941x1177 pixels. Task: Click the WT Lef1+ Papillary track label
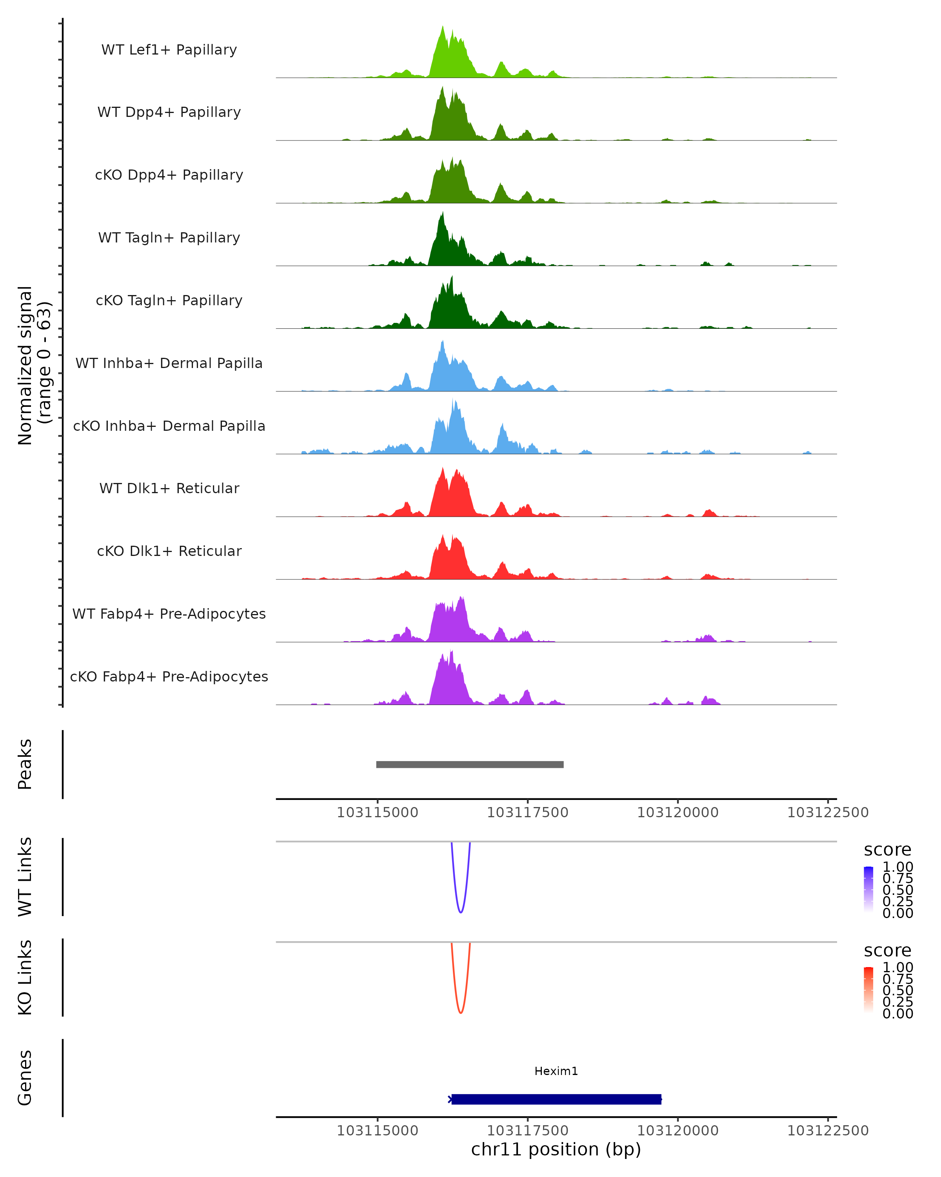169,50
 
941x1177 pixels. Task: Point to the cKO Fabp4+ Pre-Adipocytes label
169,676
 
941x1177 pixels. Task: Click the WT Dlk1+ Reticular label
169,488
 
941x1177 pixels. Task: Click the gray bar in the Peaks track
470,764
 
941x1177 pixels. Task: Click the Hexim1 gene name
556,1071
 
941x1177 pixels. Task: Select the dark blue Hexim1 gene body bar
556,1099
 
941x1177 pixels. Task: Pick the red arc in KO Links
461,1011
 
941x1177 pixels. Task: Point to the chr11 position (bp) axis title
556,1150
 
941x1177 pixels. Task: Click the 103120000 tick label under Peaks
678,813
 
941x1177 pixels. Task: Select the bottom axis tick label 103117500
527,1131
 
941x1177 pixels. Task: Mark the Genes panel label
25,1078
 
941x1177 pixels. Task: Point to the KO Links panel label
25,977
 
